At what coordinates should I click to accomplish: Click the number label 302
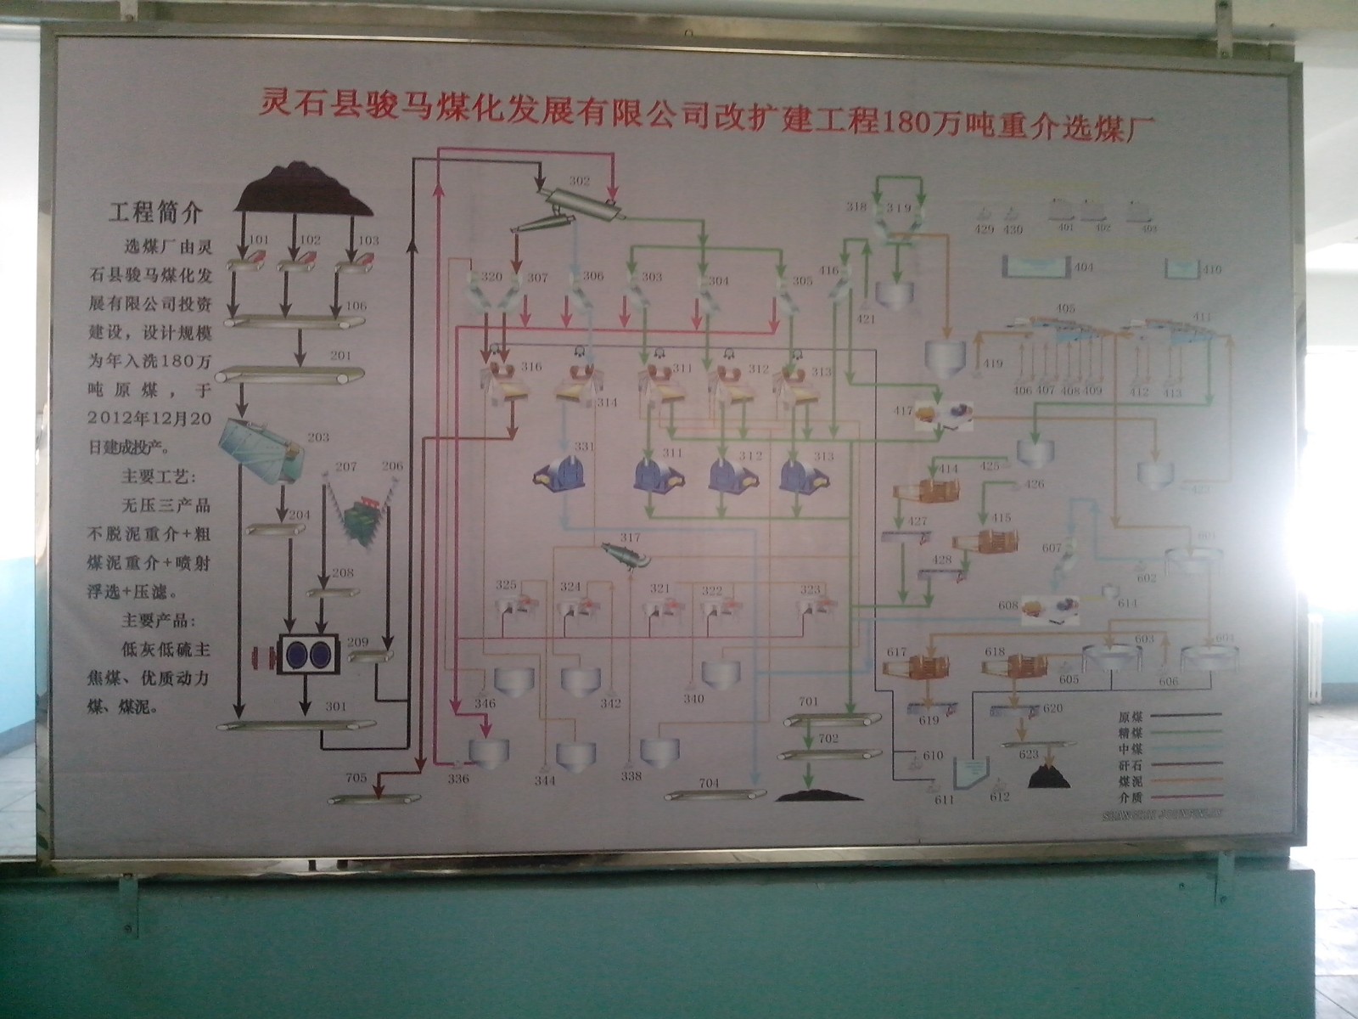[x=579, y=181]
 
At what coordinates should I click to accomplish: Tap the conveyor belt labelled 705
[x=375, y=797]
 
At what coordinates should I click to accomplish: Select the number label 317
[x=630, y=538]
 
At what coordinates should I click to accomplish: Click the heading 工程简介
[x=154, y=211]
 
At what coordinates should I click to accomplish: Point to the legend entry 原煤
[x=1131, y=717]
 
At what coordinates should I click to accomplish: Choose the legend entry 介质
[x=1131, y=797]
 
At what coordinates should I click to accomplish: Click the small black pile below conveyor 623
[x=1049, y=774]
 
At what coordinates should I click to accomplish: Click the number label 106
[x=356, y=306]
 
